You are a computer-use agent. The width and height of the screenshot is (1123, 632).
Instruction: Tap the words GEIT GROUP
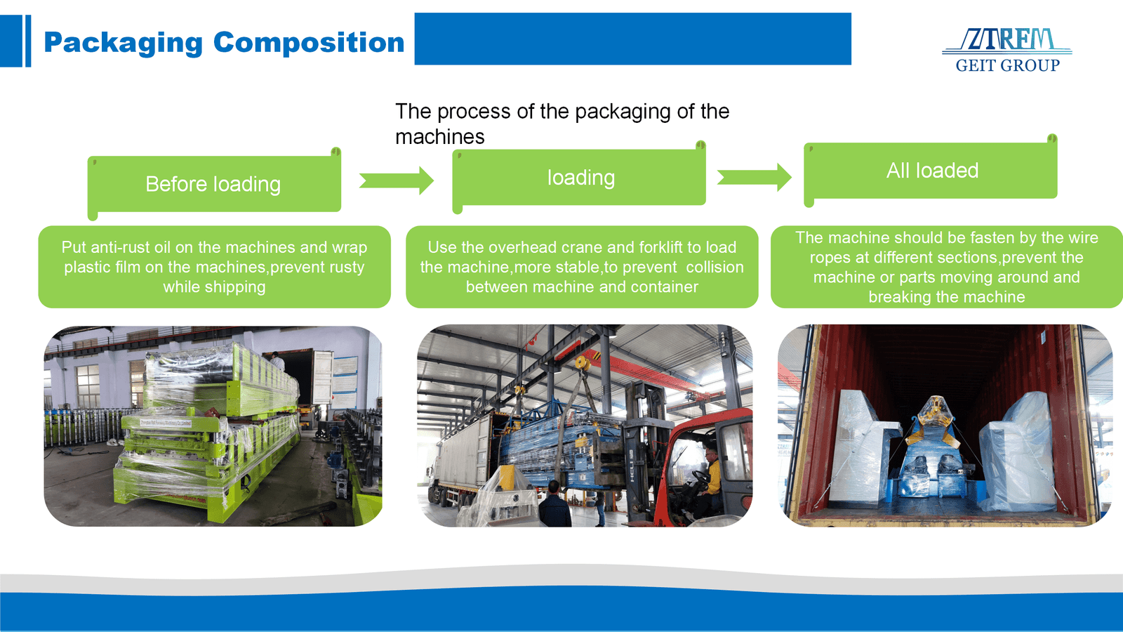1007,65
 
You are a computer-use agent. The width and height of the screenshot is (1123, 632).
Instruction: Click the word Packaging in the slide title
123,43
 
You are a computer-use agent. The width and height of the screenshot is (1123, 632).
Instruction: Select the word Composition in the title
309,43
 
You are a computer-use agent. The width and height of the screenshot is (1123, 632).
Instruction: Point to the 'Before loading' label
213,184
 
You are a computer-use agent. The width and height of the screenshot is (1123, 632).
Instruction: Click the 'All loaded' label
932,171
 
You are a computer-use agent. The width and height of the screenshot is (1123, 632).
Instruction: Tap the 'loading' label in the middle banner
580,178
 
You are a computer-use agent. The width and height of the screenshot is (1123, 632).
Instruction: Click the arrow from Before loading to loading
397,180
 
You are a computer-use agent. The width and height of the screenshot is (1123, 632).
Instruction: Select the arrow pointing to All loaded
755,178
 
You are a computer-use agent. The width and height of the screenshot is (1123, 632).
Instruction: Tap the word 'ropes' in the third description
830,258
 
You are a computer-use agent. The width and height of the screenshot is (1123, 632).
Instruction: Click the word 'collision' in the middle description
715,267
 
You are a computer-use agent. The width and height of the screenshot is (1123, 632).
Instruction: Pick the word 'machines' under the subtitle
439,136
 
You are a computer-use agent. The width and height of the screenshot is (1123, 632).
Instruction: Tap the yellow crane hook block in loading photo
581,364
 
